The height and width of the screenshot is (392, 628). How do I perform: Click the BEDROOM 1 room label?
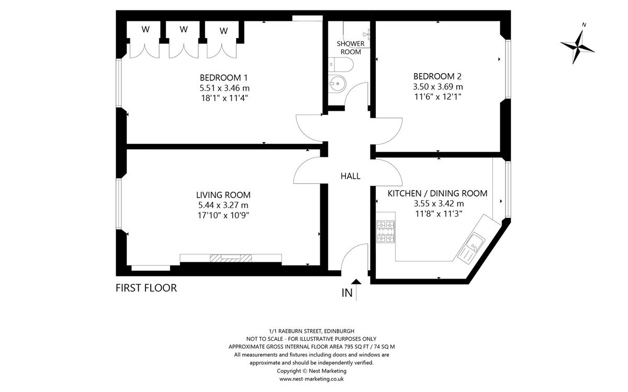224,77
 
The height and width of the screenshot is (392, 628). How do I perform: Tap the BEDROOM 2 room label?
438,76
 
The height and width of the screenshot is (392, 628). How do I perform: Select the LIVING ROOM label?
223,195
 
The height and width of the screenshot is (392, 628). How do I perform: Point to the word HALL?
351,176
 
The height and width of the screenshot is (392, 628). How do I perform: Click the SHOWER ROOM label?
351,48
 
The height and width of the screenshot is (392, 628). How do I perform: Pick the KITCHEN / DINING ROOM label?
438,193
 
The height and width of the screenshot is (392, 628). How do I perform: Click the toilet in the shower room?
341,65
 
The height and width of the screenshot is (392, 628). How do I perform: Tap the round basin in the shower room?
337,84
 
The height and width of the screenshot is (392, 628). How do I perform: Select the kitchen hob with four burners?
386,232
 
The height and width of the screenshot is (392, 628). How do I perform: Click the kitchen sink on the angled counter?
472,248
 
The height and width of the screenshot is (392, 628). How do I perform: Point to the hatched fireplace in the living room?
231,258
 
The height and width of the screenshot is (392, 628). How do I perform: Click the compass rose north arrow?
578,47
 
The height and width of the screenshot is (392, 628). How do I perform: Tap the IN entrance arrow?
356,290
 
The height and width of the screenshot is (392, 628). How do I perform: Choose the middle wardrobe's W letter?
184,29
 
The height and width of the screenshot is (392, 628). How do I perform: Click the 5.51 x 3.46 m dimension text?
225,88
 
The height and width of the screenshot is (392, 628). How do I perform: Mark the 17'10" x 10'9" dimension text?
223,215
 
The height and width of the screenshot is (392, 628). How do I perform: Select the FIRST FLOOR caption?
147,288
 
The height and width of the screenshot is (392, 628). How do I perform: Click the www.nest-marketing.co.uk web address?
311,379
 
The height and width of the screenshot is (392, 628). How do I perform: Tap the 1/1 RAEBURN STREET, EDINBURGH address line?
311,331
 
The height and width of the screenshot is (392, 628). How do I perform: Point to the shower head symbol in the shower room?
366,34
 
